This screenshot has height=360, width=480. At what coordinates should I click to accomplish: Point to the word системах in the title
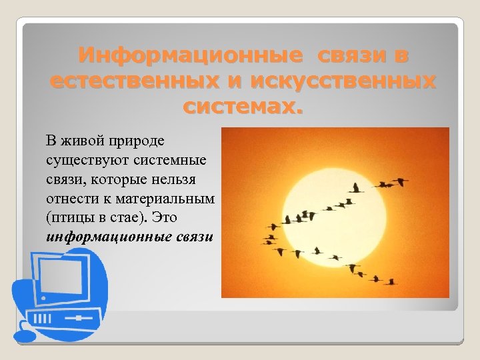coord(241,105)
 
